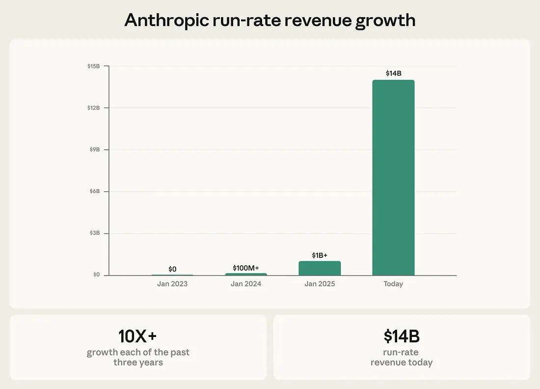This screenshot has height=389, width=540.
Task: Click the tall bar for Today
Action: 393,177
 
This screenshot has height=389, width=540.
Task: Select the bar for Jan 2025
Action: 320,268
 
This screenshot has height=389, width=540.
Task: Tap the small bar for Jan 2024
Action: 246,274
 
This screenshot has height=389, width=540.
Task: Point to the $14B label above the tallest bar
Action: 393,74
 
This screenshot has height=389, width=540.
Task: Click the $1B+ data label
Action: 320,255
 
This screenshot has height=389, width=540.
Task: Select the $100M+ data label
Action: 246,268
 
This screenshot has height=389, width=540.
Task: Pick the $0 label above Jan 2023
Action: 172,269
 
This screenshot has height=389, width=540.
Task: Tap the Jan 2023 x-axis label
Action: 172,284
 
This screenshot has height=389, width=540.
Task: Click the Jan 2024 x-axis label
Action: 246,284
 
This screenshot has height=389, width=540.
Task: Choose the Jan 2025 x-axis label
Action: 320,284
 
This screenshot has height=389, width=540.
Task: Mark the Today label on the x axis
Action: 393,284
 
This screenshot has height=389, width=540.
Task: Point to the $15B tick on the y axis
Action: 94,66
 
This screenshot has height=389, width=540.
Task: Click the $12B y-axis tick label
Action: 94,108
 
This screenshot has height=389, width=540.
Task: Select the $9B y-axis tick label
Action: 95,149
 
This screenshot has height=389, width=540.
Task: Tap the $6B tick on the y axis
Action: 95,191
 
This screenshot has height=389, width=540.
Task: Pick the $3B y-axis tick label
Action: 95,233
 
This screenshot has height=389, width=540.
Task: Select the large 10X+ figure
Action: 137,336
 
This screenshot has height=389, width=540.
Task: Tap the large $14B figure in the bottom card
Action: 402,336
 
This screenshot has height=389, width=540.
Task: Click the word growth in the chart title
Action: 386,21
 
